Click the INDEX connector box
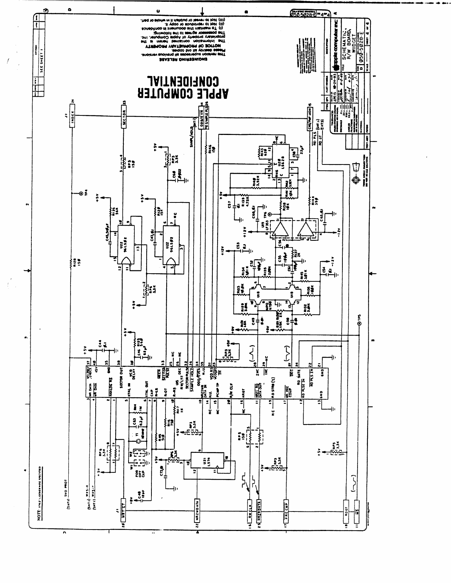(x=73, y=118)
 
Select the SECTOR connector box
(x=124, y=118)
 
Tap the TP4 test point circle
(x=81, y=193)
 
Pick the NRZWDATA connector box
(x=197, y=510)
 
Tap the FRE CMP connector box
(x=286, y=510)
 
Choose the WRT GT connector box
(x=124, y=510)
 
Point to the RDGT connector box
(x=346, y=510)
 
